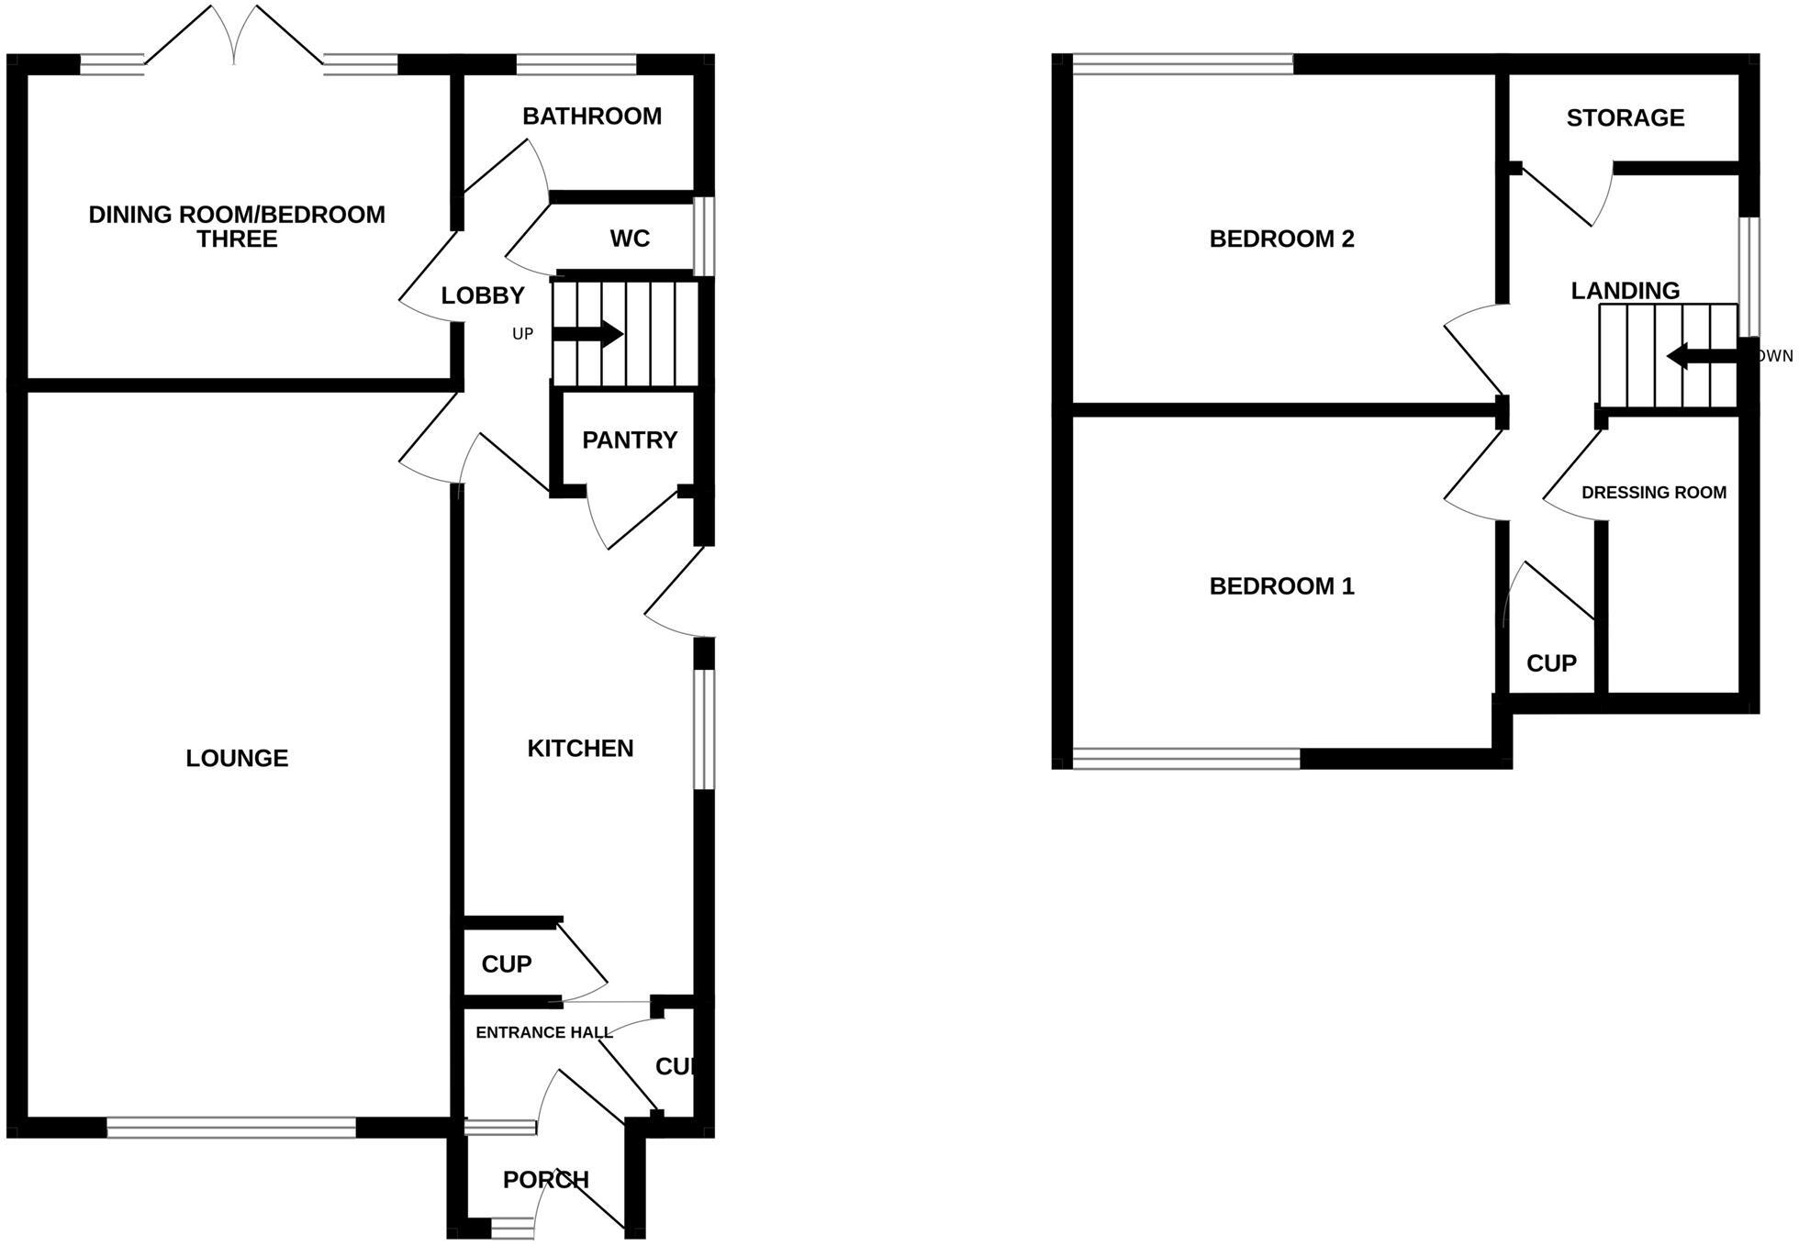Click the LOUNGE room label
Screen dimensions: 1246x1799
[x=237, y=758]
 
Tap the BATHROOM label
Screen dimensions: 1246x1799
[x=592, y=117]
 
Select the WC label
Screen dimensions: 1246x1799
[x=630, y=239]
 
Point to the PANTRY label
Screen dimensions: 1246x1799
[x=630, y=440]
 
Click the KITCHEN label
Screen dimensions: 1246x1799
[x=580, y=749]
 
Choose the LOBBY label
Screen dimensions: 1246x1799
[x=483, y=295]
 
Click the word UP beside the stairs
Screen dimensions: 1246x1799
[x=522, y=334]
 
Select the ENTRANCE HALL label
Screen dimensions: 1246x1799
[x=543, y=1032]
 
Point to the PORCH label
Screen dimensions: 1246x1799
[x=545, y=1180]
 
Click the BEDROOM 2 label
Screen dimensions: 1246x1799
[x=1281, y=239]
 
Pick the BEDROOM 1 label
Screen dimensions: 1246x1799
[x=1281, y=586]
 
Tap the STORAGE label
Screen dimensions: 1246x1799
[x=1625, y=118]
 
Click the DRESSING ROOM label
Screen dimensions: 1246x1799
[x=1653, y=493]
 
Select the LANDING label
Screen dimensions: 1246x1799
[x=1625, y=291]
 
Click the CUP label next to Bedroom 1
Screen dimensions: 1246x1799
[x=1551, y=663]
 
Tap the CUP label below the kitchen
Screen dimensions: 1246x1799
[x=507, y=964]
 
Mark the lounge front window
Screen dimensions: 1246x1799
[x=231, y=1128]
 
